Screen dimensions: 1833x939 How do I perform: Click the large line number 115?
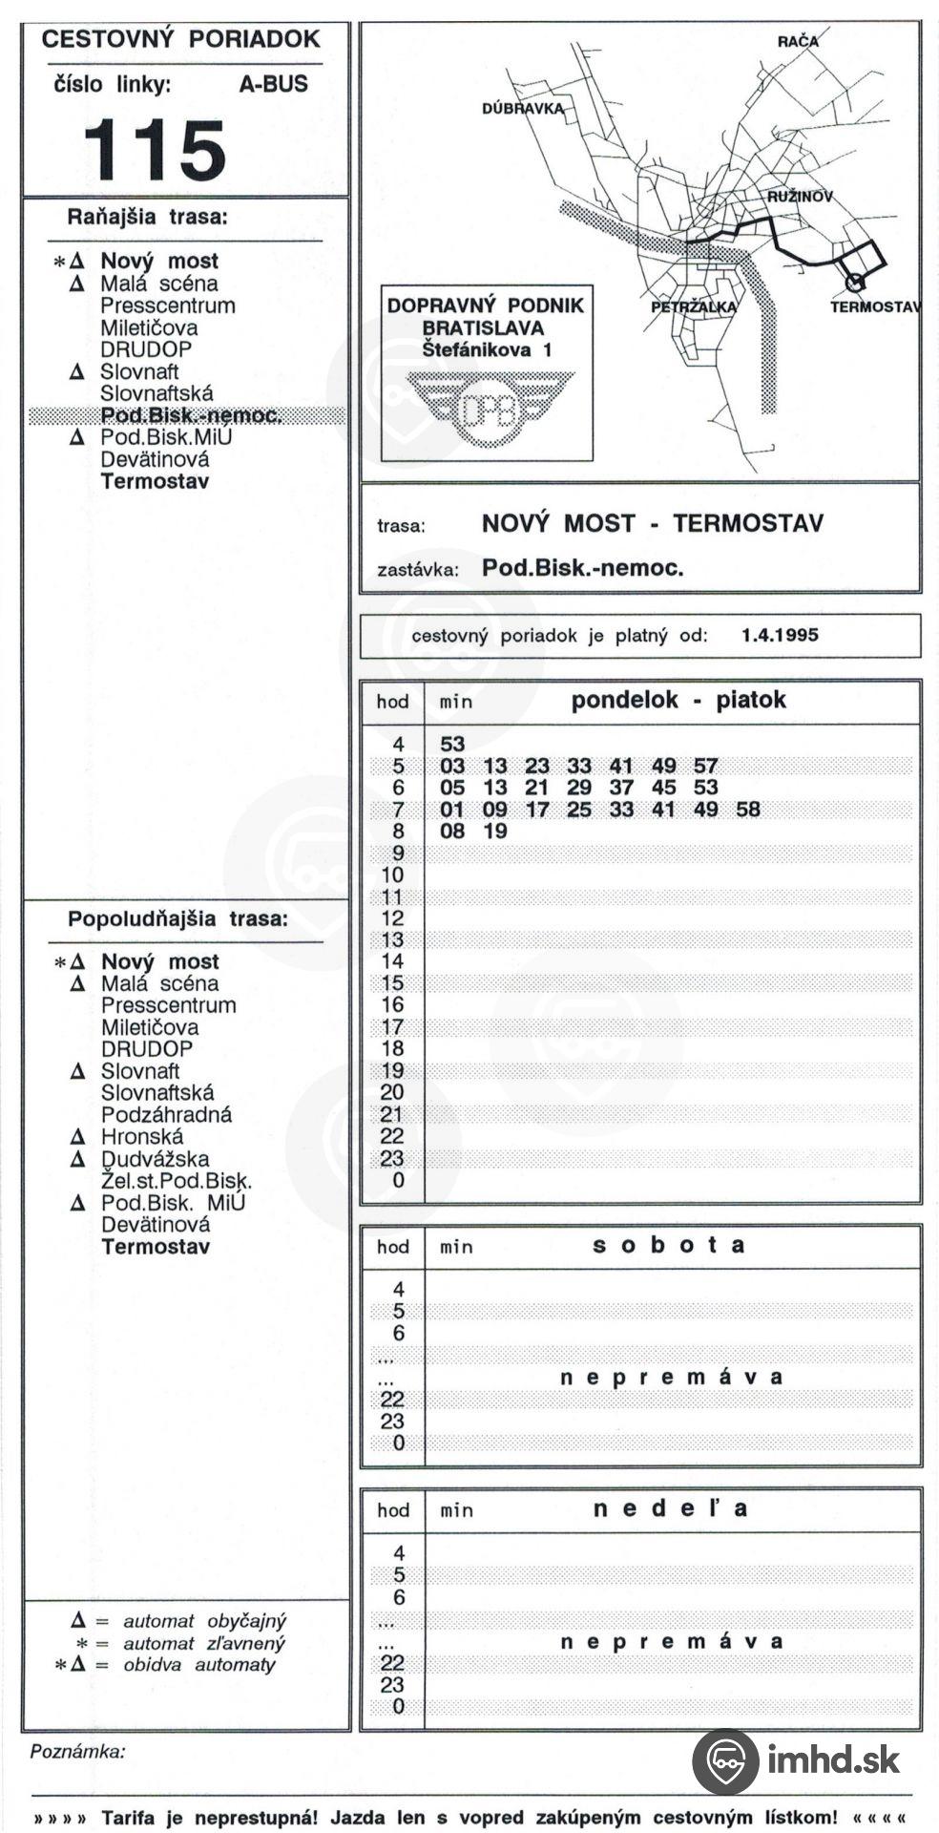point(155,150)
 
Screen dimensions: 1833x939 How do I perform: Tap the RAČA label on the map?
point(797,41)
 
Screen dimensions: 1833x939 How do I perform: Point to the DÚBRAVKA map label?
point(522,109)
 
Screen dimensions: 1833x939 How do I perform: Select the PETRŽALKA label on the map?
point(693,306)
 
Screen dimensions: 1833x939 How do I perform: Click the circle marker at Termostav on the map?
point(855,283)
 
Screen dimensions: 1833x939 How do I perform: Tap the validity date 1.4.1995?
point(780,635)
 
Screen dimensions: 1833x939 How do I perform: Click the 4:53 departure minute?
point(452,744)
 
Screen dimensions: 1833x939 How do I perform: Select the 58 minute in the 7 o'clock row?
point(748,810)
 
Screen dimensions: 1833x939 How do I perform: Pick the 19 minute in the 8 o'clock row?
point(494,832)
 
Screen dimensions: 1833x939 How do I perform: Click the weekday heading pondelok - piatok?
point(678,700)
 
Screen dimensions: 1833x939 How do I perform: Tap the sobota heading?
point(669,1245)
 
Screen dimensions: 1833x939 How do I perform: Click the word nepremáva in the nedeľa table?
point(671,1642)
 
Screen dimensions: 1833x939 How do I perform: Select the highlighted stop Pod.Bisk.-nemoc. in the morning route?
point(190,415)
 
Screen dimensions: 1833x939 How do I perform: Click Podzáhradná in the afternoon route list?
point(166,1115)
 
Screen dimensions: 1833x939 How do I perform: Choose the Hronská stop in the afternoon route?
point(142,1137)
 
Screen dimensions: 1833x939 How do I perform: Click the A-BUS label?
point(273,84)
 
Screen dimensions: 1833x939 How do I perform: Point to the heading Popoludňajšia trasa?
point(177,919)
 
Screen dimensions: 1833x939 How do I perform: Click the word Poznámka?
point(78,1752)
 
